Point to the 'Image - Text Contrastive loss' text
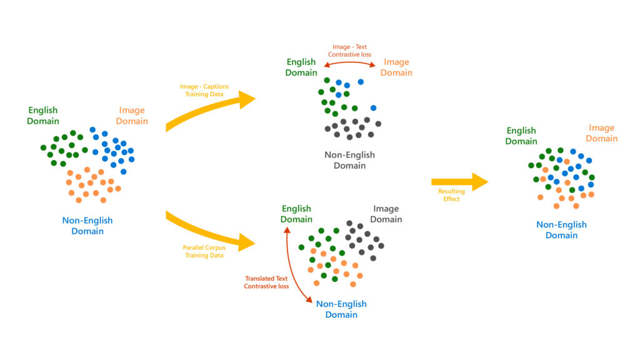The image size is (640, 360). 349,50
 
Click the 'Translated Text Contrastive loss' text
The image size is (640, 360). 267,282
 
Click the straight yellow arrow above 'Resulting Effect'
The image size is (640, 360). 459,181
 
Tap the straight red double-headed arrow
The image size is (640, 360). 349,64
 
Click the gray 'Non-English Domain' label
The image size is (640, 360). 349,160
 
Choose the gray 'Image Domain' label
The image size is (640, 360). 386,214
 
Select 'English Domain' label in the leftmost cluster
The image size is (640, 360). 43,116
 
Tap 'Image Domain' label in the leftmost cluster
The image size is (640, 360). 132,116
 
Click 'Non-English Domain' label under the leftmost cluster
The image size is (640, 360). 87,226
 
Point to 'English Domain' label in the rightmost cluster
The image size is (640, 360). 521,136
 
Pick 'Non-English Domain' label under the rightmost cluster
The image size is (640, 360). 561,230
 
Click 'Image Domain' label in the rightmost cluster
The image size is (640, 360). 601,133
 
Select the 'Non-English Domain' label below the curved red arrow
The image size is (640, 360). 341,309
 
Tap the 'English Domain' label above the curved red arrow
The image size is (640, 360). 296,214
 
